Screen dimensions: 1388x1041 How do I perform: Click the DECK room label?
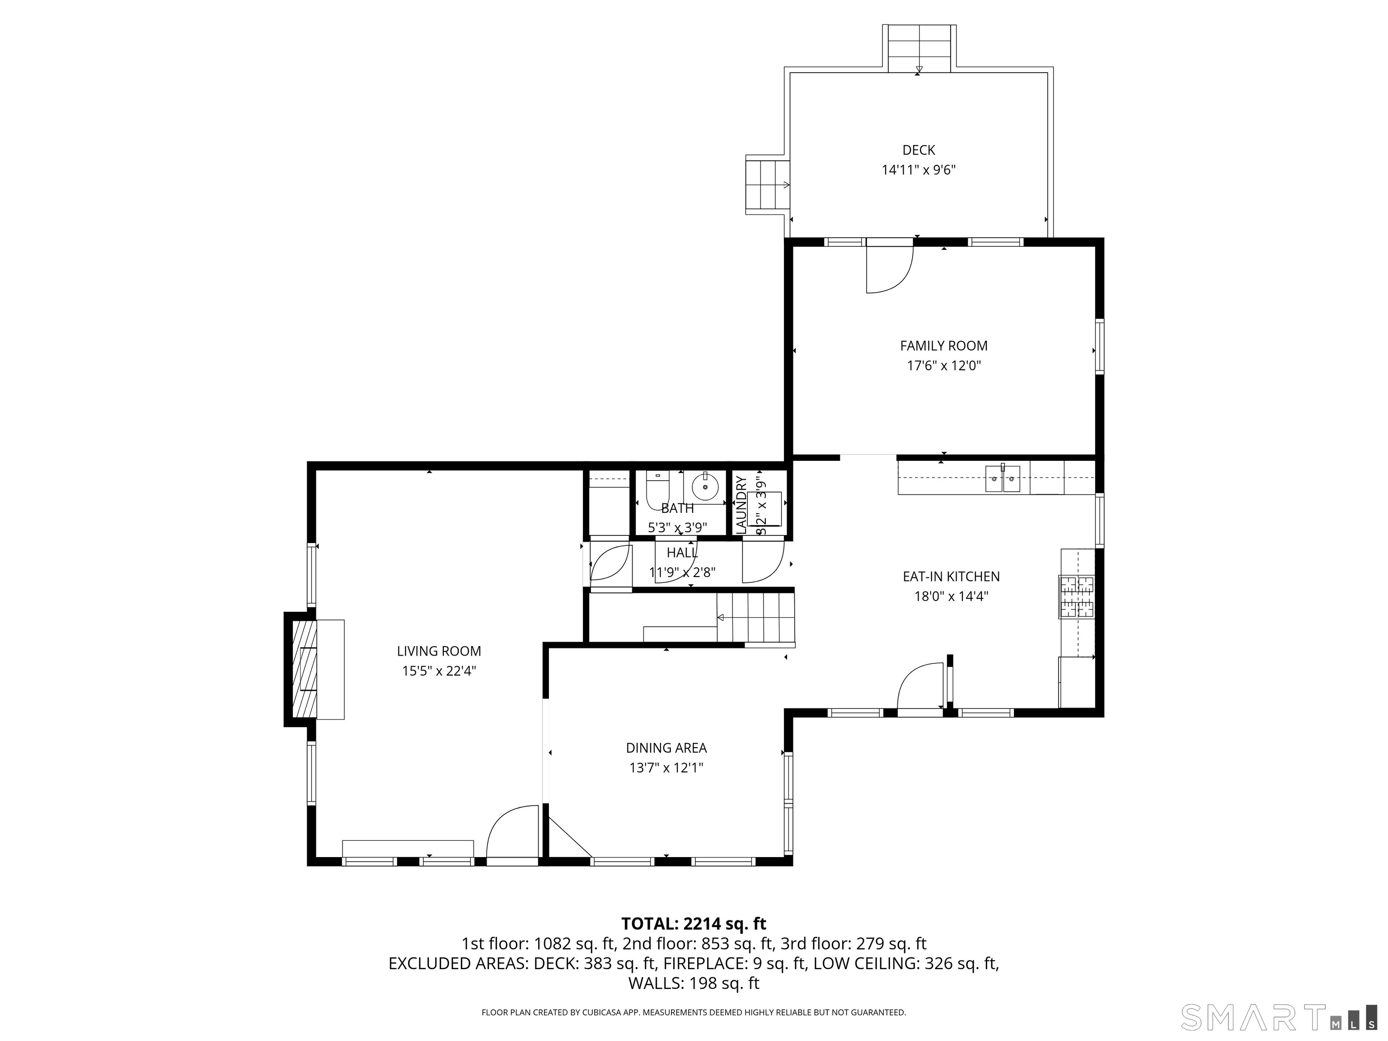point(919,150)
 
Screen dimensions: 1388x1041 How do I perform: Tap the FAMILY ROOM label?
point(944,346)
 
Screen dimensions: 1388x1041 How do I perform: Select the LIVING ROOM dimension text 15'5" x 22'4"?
point(439,671)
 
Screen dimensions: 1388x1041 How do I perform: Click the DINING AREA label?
point(666,748)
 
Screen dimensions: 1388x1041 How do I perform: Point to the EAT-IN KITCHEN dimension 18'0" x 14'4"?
point(951,596)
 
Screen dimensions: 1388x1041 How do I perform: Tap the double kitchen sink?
point(1002,479)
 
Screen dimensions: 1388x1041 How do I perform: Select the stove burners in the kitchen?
point(1077,597)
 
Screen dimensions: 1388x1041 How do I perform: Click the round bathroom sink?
point(705,486)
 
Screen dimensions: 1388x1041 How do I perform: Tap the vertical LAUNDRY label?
point(741,505)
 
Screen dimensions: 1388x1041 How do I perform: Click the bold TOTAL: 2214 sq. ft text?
point(694,924)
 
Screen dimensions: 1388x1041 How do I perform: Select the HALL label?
point(682,553)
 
